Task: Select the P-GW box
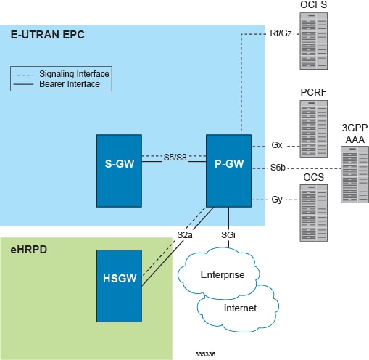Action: click(x=228, y=161)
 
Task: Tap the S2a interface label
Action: click(x=185, y=234)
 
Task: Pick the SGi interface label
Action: click(x=229, y=234)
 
